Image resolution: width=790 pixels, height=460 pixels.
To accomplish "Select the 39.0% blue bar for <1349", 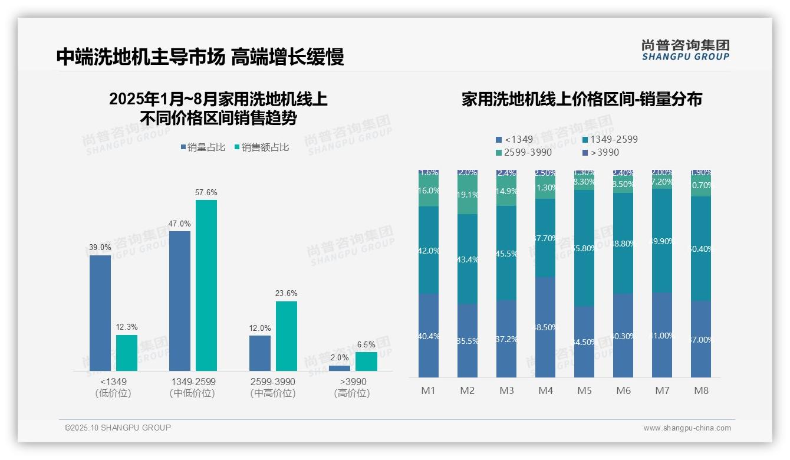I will point(100,313).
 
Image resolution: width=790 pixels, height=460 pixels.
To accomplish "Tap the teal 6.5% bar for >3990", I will point(366,362).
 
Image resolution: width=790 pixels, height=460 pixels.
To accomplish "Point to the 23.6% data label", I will point(287,293).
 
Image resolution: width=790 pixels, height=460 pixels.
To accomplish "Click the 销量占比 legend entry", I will point(203,147).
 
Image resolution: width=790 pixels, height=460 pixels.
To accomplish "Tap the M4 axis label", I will point(545,391).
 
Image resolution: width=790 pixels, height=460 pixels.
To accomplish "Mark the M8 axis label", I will point(701,391).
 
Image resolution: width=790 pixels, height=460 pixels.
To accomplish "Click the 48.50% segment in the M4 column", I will point(545,327).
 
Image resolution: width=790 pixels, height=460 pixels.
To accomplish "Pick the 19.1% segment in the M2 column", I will point(468,195).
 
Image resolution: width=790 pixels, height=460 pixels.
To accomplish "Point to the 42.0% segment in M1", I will point(429,250).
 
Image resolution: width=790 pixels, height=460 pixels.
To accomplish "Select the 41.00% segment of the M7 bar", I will point(662,335).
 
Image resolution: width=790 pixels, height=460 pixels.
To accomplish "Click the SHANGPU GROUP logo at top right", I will point(685,50).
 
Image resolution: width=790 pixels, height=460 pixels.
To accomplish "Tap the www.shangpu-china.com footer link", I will point(687,428).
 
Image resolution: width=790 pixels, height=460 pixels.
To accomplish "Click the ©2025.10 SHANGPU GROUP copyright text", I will point(118,428).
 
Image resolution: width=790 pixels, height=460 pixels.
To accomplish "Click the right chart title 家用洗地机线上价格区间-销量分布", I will point(581,99).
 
